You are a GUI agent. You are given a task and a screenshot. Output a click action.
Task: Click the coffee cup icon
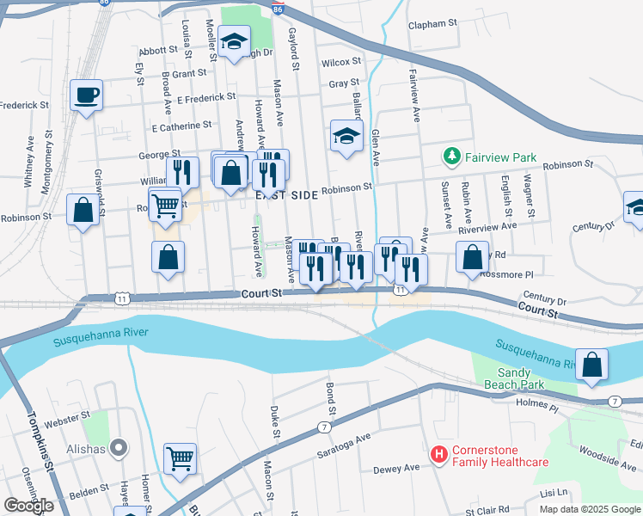(86, 94)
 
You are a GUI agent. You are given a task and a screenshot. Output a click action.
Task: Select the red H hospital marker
(439, 454)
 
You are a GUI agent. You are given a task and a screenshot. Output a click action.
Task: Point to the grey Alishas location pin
(119, 448)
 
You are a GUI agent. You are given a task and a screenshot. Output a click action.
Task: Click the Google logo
(29, 506)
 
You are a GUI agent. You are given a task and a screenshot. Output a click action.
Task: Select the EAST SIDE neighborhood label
(286, 196)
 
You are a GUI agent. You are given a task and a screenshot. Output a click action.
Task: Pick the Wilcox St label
(341, 62)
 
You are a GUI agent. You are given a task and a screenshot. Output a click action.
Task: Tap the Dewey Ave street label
(396, 469)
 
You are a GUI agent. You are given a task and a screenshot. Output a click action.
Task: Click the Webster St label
(67, 417)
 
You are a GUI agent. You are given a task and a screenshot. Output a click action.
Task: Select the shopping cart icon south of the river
(180, 458)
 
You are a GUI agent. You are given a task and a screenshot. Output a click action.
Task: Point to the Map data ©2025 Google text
(590, 508)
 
